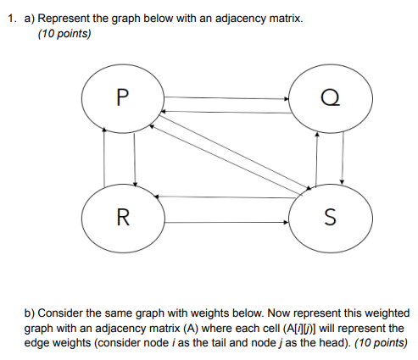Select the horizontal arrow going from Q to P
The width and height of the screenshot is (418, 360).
pos(227,111)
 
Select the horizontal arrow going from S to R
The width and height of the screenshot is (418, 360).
pos(227,197)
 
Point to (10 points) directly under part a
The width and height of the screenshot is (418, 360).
pos(64,35)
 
